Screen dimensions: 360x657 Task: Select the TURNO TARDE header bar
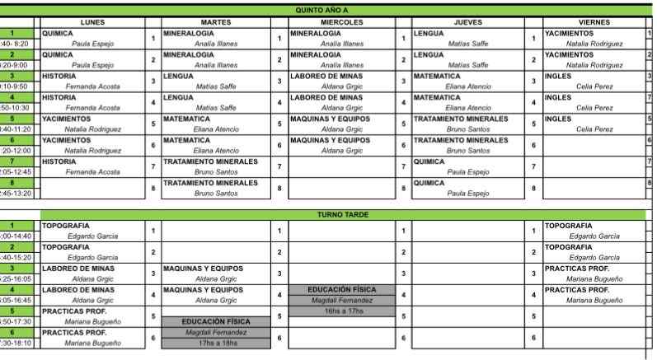[x=343, y=214]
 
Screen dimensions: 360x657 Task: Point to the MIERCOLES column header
[x=342, y=22]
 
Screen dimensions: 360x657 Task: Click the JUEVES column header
[x=468, y=22]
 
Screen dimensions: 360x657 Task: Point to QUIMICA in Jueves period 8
[x=429, y=183]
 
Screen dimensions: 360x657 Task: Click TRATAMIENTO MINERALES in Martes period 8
[x=210, y=183]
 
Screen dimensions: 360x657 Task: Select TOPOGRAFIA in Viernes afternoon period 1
[x=568, y=225]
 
